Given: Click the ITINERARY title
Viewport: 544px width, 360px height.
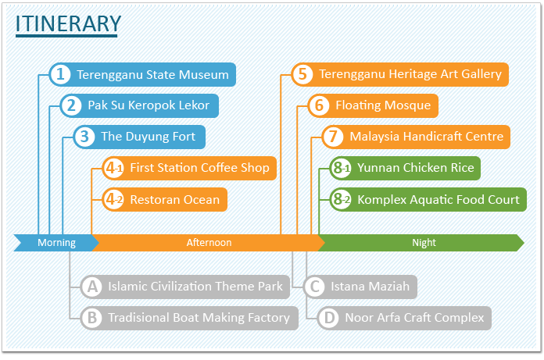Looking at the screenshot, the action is [x=68, y=23].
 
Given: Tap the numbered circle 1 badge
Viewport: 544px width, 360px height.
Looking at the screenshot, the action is [x=60, y=74].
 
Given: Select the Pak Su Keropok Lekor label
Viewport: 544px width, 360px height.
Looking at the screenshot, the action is [x=149, y=105].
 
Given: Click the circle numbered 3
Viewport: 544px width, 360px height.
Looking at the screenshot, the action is [x=84, y=137].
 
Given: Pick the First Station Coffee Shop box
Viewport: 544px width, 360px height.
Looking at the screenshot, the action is [x=190, y=168].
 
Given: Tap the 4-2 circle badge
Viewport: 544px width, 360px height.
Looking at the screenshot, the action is [x=113, y=200].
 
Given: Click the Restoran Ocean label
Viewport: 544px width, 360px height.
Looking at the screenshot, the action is [x=175, y=200].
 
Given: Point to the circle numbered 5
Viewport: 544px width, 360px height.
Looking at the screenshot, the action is [x=302, y=74].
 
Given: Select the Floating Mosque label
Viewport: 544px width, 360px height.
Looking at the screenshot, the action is [x=383, y=105].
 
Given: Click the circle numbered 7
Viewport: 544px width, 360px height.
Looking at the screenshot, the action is [x=333, y=137].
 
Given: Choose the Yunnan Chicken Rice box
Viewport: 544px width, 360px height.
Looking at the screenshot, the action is [x=405, y=168].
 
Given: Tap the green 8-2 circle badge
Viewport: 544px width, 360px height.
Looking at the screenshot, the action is [x=341, y=200].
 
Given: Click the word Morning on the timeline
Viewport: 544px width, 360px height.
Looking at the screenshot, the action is [x=56, y=243].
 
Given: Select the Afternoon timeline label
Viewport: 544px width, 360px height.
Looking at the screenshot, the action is [x=209, y=243].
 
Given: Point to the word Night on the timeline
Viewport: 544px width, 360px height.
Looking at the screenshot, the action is [x=424, y=243].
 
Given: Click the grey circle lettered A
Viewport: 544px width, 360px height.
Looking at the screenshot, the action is [x=92, y=287].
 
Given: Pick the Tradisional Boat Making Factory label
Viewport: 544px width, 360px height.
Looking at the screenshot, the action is [x=199, y=318].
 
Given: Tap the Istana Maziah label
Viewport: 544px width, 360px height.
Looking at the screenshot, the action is [x=370, y=287].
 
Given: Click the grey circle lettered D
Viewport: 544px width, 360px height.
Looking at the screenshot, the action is [x=328, y=318].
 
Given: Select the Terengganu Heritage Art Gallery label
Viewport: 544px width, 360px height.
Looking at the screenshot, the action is [x=410, y=74].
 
